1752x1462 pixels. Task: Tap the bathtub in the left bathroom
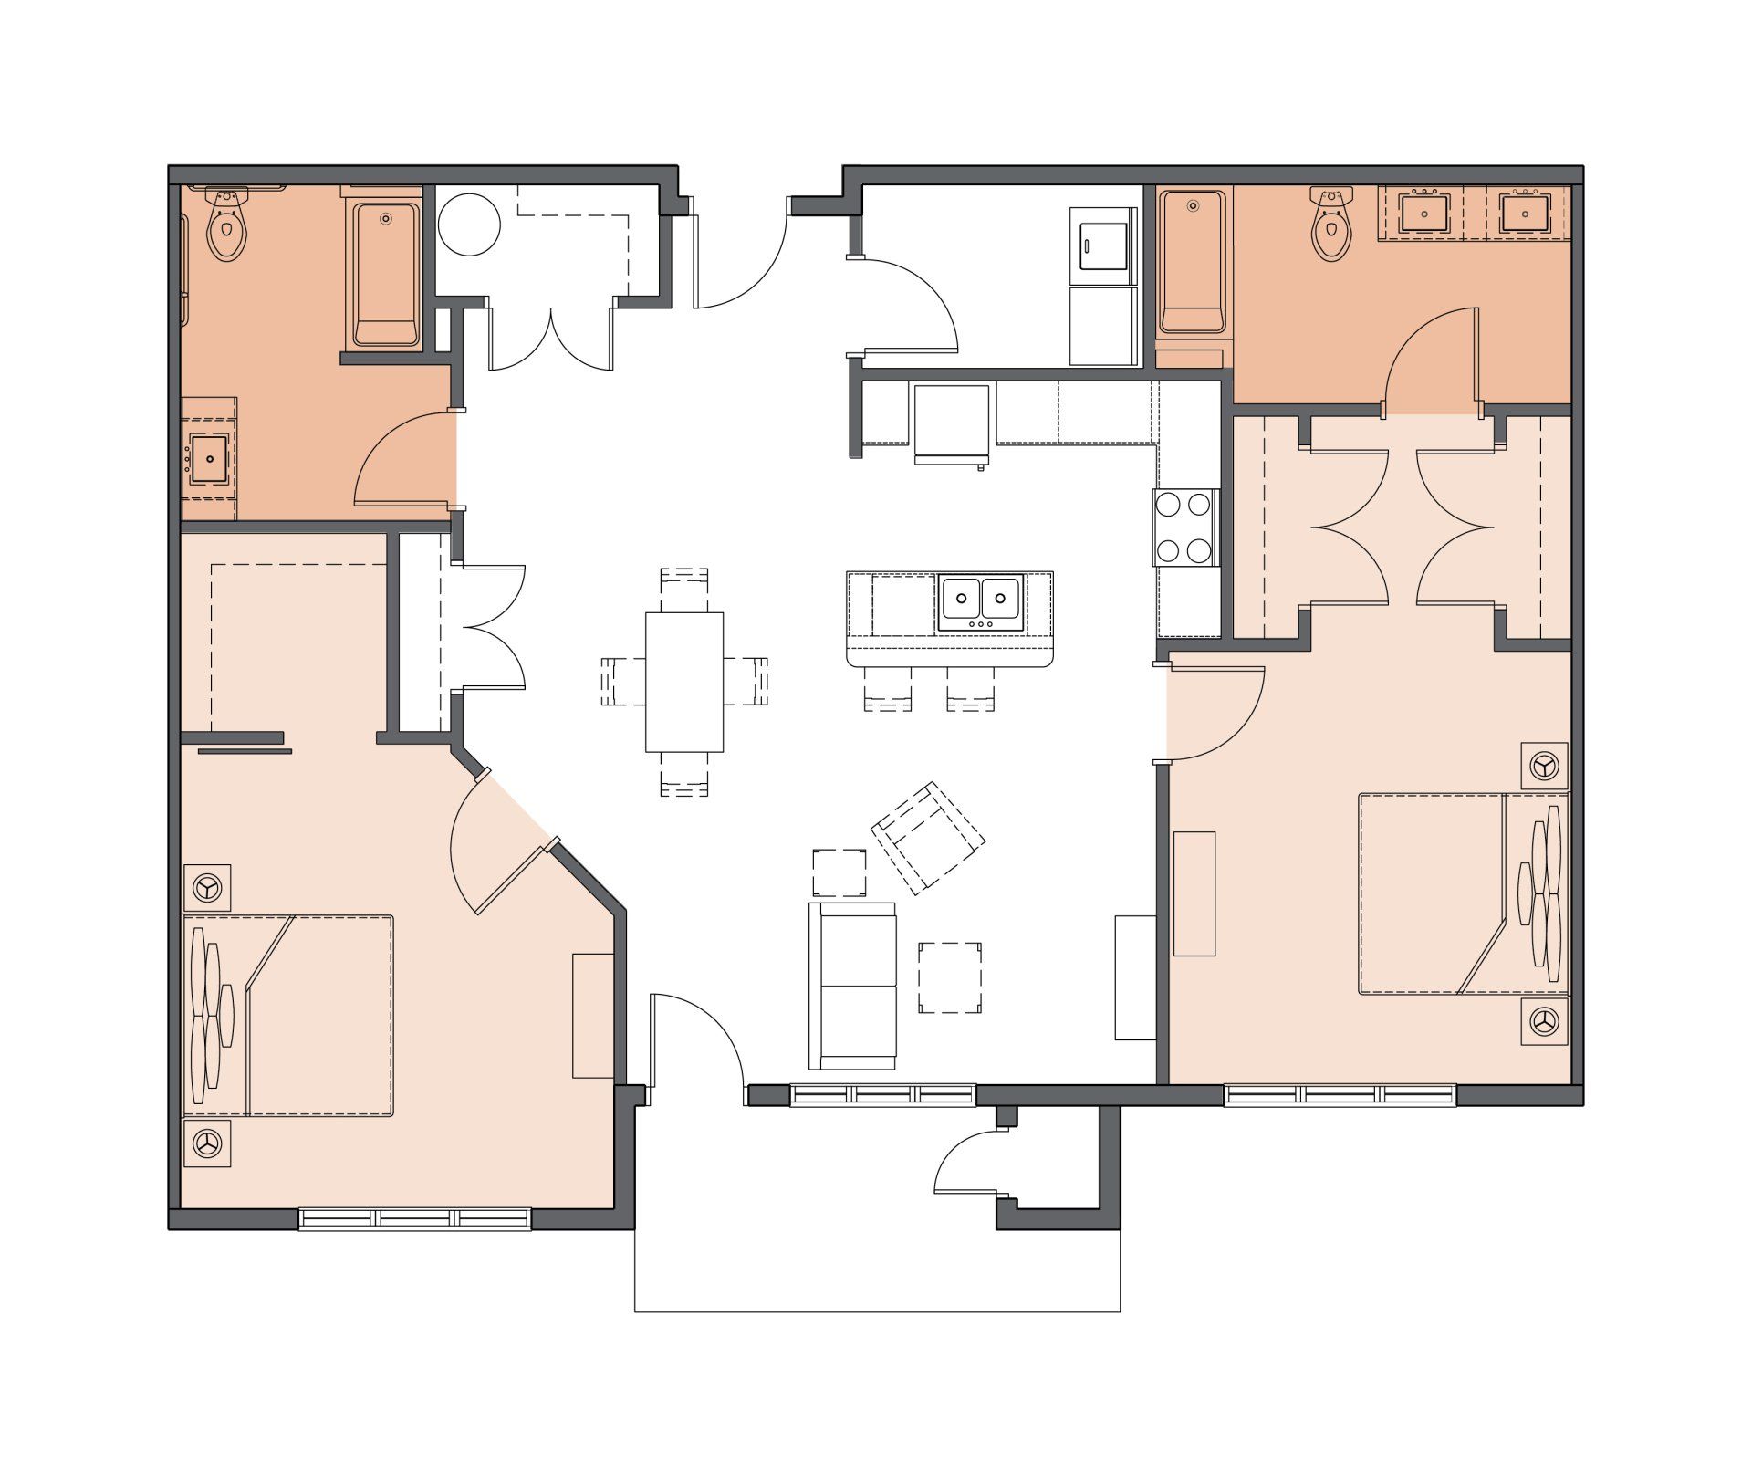(x=387, y=274)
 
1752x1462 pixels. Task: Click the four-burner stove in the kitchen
(x=1185, y=527)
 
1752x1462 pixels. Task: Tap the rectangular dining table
(x=683, y=682)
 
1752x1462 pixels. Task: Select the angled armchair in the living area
(x=929, y=838)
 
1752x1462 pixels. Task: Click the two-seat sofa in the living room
(x=851, y=986)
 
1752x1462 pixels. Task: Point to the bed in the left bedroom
(x=301, y=1015)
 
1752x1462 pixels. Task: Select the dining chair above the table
(x=683, y=589)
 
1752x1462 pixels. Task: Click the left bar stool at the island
(x=887, y=690)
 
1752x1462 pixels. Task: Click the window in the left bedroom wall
(x=415, y=1219)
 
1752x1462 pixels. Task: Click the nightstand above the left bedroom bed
(x=207, y=886)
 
